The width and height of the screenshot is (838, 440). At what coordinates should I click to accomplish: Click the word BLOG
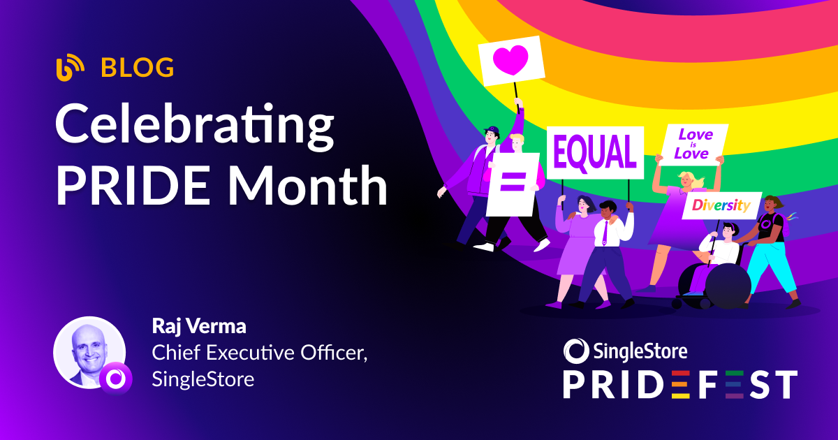click(x=138, y=68)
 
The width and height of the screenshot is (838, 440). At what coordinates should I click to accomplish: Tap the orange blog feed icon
click(x=70, y=68)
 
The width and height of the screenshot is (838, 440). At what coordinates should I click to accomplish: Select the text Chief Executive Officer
click(x=259, y=353)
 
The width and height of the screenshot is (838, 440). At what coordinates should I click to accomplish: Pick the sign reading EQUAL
click(x=595, y=152)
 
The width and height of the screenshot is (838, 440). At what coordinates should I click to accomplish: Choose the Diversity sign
click(x=721, y=205)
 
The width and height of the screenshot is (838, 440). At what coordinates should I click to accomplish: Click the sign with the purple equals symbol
click(x=513, y=184)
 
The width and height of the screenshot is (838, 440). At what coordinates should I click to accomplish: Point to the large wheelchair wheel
click(x=727, y=286)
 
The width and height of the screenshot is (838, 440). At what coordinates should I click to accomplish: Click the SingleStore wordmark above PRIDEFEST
click(x=626, y=349)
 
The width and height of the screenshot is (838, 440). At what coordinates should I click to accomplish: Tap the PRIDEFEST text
click(x=680, y=385)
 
